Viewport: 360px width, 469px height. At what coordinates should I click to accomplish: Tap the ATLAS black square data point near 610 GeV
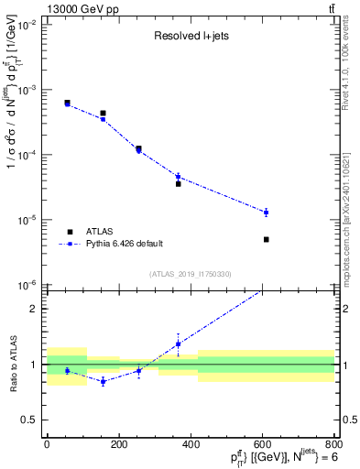click(266, 239)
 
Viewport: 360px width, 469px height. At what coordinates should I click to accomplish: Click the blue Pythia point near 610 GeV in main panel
click(266, 212)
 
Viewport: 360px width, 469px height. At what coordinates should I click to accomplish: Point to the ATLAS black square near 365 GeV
click(178, 183)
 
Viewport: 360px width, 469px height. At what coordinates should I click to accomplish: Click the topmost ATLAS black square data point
click(67, 103)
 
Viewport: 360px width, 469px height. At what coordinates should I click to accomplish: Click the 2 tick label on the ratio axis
click(34, 309)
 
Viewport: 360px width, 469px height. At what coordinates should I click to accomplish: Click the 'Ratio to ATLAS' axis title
click(11, 365)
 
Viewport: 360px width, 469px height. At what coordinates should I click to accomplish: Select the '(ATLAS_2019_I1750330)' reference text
click(191, 274)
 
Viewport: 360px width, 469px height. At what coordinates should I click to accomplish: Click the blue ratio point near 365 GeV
click(178, 344)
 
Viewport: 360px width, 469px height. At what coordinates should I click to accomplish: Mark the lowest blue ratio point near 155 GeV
click(103, 381)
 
